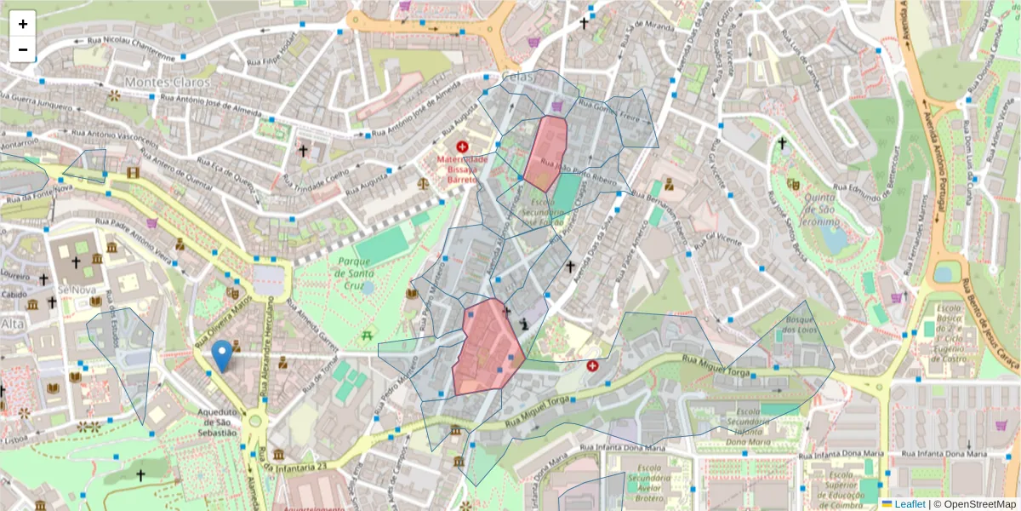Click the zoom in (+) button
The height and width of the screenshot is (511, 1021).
[x=23, y=24]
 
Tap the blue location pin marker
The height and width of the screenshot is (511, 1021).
[x=222, y=354]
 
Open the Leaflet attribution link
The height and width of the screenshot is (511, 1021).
[x=908, y=503]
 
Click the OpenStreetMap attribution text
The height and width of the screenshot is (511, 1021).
[x=974, y=503]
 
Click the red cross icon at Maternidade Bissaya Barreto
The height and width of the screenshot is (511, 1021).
[x=462, y=147]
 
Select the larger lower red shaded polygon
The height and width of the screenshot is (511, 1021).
[x=486, y=347]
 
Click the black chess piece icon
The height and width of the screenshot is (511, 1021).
[x=525, y=324]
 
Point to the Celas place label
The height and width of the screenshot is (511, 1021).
[x=516, y=77]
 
